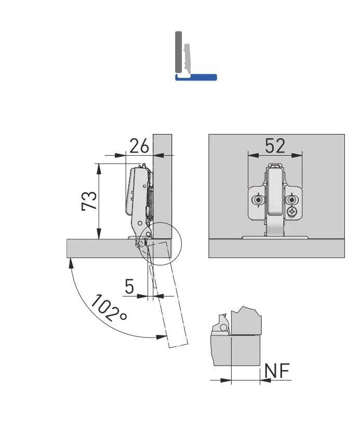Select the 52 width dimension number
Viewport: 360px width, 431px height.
tap(275, 146)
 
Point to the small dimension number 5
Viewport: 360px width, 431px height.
tap(130, 286)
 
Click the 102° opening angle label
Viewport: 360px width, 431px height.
tap(110, 308)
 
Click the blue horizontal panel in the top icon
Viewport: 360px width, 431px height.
tap(196, 77)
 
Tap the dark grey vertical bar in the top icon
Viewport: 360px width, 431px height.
tap(178, 52)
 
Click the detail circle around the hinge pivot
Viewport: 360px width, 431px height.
tap(159, 244)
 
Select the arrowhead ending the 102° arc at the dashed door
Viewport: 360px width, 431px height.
tap(162, 337)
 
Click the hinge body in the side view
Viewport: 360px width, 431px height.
tap(136, 192)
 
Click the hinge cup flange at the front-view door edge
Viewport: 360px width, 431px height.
tap(275, 237)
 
